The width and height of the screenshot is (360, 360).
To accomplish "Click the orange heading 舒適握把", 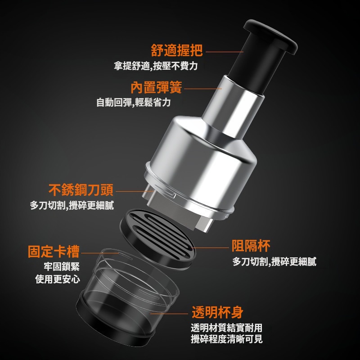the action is coord(177,50).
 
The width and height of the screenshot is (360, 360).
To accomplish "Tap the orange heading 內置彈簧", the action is coord(156,87).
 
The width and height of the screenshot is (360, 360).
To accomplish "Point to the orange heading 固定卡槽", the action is coord(54,252).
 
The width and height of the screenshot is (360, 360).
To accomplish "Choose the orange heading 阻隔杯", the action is coord(251,245).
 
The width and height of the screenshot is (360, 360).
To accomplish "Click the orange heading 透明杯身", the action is coord(217,312).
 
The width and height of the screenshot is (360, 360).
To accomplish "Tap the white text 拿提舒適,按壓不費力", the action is coord(156,66).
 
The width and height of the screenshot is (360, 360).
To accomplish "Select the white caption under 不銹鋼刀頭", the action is coord(72,205).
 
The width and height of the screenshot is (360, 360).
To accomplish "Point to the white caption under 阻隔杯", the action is coord(274,261).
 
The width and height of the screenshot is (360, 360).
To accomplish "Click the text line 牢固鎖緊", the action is coord(62,266).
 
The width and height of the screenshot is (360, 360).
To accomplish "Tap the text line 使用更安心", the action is coord(58,279).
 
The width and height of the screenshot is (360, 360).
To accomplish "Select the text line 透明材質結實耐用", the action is coord(227,328).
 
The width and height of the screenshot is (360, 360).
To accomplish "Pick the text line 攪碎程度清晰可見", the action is coord(227,339).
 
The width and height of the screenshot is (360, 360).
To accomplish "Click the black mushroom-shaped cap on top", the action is coord(270,37).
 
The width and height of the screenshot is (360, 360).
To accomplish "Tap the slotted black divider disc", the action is coord(158,239).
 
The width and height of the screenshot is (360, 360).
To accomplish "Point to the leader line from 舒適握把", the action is coord(225,52).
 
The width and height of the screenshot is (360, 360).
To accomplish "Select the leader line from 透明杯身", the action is coord(169,314).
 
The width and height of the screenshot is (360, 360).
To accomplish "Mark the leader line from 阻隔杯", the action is coord(211,248).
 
